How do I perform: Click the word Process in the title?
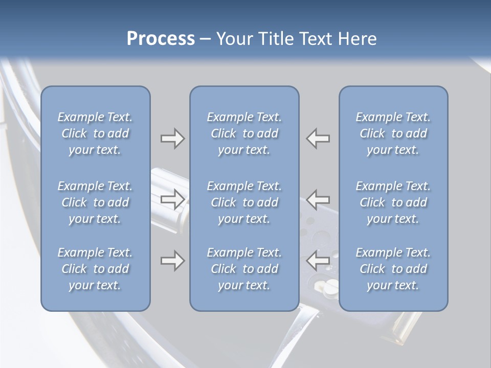click(x=161, y=39)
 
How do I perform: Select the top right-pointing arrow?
click(x=173, y=139)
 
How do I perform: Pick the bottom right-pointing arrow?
click(x=173, y=261)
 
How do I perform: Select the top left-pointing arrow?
click(x=318, y=139)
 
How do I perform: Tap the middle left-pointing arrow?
click(x=318, y=198)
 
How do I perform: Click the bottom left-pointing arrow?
click(x=318, y=261)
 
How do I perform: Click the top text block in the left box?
click(x=95, y=133)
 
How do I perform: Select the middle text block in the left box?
click(x=95, y=202)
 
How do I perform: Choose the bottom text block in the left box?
click(x=95, y=269)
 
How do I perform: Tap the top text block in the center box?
click(x=244, y=133)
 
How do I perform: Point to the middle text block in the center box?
click(x=244, y=202)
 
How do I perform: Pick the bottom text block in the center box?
click(x=244, y=269)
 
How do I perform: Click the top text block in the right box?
click(x=393, y=133)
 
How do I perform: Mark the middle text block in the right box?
click(x=393, y=202)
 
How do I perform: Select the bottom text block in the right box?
click(x=393, y=269)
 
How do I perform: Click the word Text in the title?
click(x=314, y=39)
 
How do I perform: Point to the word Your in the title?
click(x=234, y=39)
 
